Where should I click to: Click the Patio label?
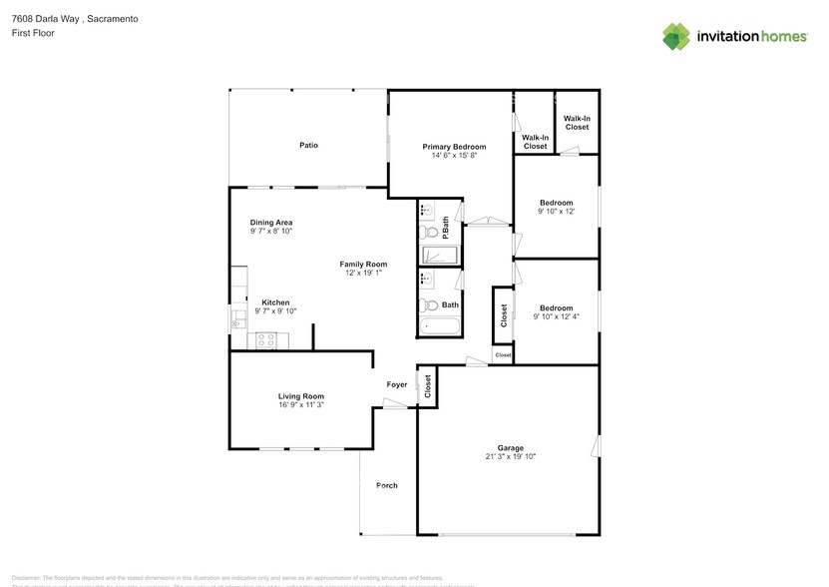[x=309, y=146]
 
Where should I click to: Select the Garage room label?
[x=511, y=448]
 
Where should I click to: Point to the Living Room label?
[x=300, y=396]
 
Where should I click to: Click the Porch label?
[x=387, y=486]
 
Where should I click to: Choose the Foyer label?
[x=397, y=384]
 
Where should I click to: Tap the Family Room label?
[x=363, y=265]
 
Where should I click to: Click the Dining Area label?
[x=270, y=223]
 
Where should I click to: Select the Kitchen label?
[x=275, y=302]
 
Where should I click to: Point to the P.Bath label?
[x=446, y=229]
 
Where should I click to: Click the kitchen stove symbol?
[x=266, y=340]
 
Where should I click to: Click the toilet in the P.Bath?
[x=427, y=232]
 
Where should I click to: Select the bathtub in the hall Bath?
[x=439, y=325]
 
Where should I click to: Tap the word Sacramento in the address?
[x=113, y=19]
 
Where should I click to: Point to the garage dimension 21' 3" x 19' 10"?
[x=511, y=457]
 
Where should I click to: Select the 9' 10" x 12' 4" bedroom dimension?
[x=556, y=317]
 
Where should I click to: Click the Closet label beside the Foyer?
[x=427, y=386]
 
